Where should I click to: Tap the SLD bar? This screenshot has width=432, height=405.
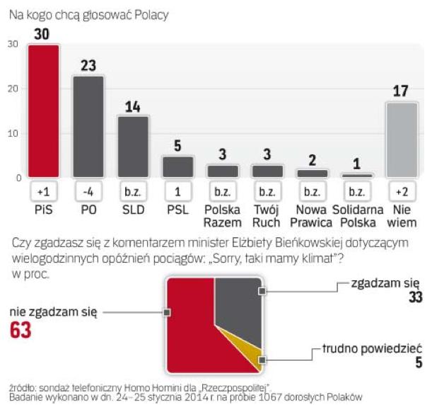[133, 146]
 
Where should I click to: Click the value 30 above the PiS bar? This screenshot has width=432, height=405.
[43, 34]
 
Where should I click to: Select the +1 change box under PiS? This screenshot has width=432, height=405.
[43, 192]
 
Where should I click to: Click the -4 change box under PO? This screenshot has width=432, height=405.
[89, 192]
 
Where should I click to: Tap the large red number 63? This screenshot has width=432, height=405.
[21, 331]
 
